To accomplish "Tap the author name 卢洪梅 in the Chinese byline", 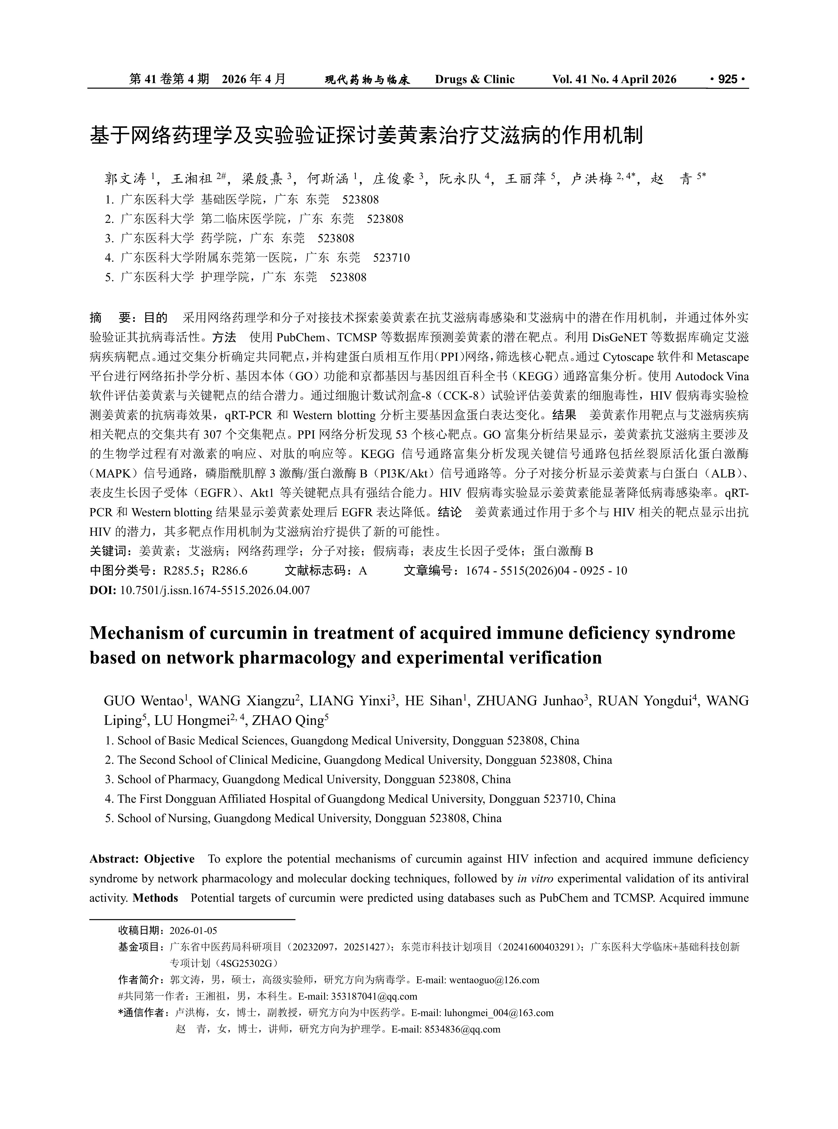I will (x=591, y=179).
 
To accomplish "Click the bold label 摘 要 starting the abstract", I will (x=111, y=318).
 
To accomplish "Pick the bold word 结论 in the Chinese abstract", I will (x=449, y=512).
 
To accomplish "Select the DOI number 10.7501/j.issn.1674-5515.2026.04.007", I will (x=215, y=590).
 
